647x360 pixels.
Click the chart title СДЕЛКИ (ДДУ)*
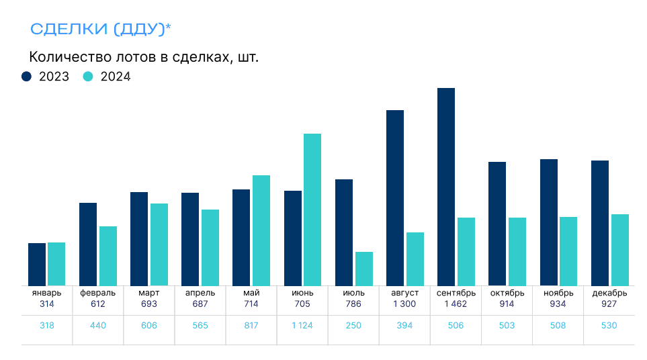tap(101, 29)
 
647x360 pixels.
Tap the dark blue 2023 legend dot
tap(27, 77)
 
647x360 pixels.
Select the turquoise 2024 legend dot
tap(87, 77)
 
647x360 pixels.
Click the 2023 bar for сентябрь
tap(446, 187)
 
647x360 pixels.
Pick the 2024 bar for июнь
tap(312, 210)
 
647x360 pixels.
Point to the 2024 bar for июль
tap(363, 269)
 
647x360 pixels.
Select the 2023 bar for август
tap(395, 198)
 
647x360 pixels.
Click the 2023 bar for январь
tap(37, 264)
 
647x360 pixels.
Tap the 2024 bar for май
tap(261, 230)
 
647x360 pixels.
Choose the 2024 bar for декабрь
tap(620, 250)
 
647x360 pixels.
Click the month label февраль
tap(98, 293)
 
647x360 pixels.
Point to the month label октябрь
tap(507, 293)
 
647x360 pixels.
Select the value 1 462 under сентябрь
tap(456, 304)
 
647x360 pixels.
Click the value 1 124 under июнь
tap(302, 326)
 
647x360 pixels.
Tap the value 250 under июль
tap(353, 326)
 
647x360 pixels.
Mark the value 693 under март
tap(148, 304)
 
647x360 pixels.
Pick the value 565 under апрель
tap(200, 326)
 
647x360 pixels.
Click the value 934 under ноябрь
tap(558, 304)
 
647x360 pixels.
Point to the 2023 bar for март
tap(139, 238)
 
